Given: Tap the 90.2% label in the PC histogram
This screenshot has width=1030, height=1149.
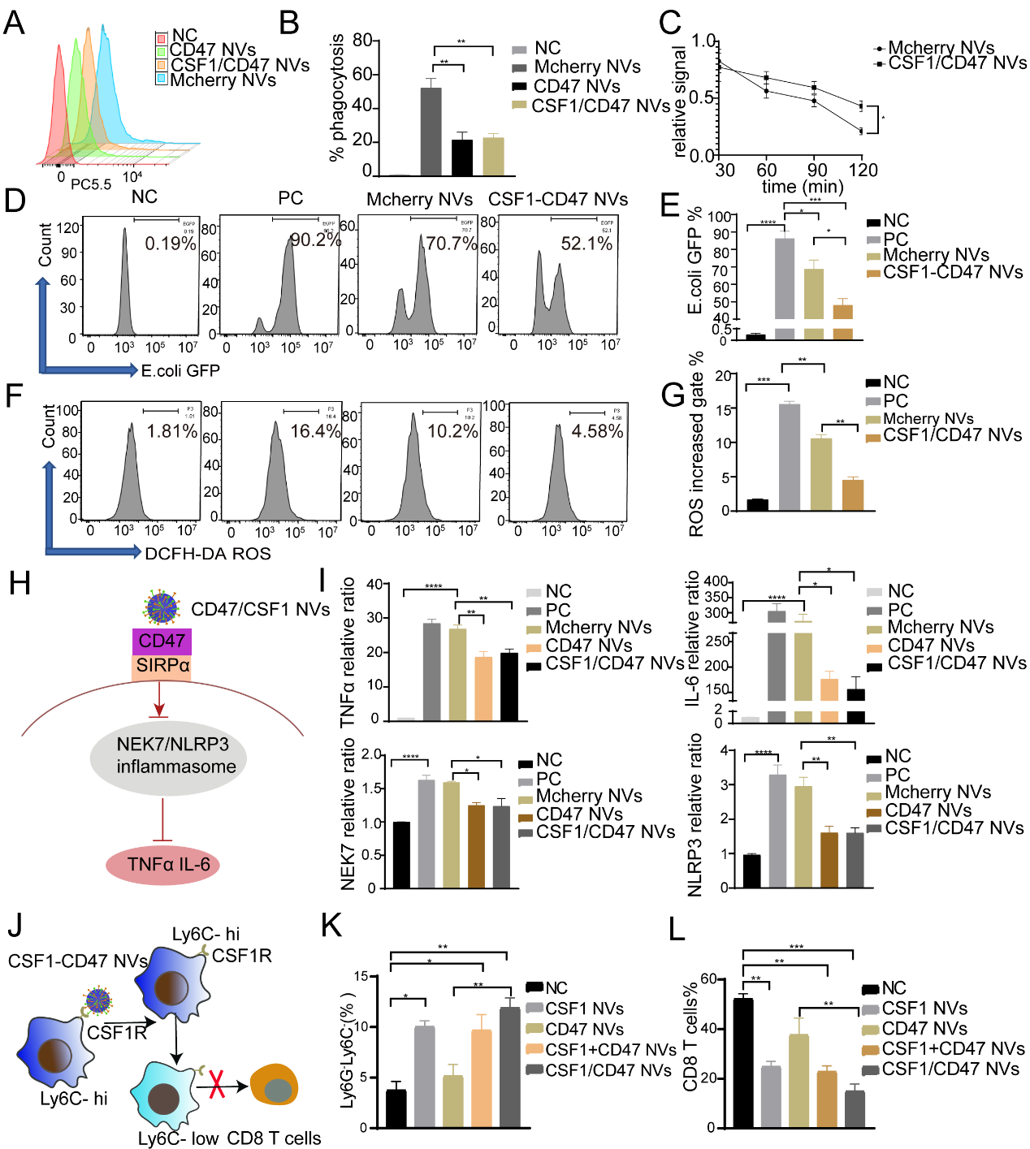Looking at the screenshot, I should click(315, 240).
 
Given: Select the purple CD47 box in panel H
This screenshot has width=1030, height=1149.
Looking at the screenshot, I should click(162, 641).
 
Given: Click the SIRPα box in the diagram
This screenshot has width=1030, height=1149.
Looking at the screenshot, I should click(162, 666).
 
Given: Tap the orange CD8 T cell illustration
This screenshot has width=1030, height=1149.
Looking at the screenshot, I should click(275, 1085).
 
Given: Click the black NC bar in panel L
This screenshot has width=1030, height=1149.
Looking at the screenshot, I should click(742, 1063).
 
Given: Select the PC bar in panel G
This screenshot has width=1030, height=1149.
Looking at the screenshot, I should click(789, 457).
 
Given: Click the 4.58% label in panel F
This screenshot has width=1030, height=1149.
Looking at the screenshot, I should click(597, 431).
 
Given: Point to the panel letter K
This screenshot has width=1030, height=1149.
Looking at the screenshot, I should click(331, 926).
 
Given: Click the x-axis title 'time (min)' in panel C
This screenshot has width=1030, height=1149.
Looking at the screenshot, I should click(803, 187).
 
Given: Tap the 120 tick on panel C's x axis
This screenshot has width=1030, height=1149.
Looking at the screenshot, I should click(863, 170).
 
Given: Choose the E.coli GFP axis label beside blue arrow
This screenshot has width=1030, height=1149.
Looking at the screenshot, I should click(180, 371).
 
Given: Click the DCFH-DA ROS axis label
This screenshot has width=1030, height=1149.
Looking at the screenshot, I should click(208, 554).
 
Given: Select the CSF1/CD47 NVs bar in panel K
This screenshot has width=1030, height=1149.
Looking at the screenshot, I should click(509, 1067).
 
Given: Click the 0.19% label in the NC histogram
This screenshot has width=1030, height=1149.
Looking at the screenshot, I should click(170, 243).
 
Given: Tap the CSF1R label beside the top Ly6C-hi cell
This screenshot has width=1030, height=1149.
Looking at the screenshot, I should click(241, 956).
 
